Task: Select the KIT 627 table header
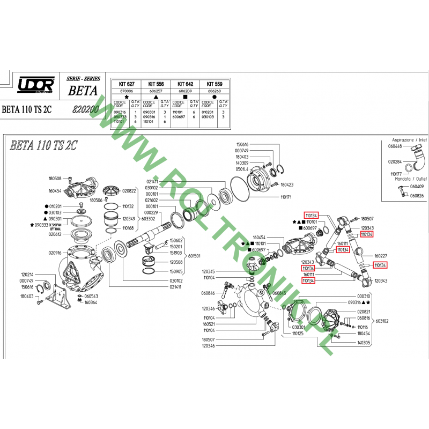pos(126,85)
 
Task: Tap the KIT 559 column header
pos(214,85)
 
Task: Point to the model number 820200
pos(84,108)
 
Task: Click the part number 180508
pos(55,179)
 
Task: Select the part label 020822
pos(129,190)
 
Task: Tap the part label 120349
pos(129,219)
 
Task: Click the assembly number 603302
pos(149,219)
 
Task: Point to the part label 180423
pos(287,184)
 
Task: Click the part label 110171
pos(287,197)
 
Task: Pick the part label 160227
pos(381,256)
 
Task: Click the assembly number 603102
pos(382,321)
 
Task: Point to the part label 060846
pos(208,293)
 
